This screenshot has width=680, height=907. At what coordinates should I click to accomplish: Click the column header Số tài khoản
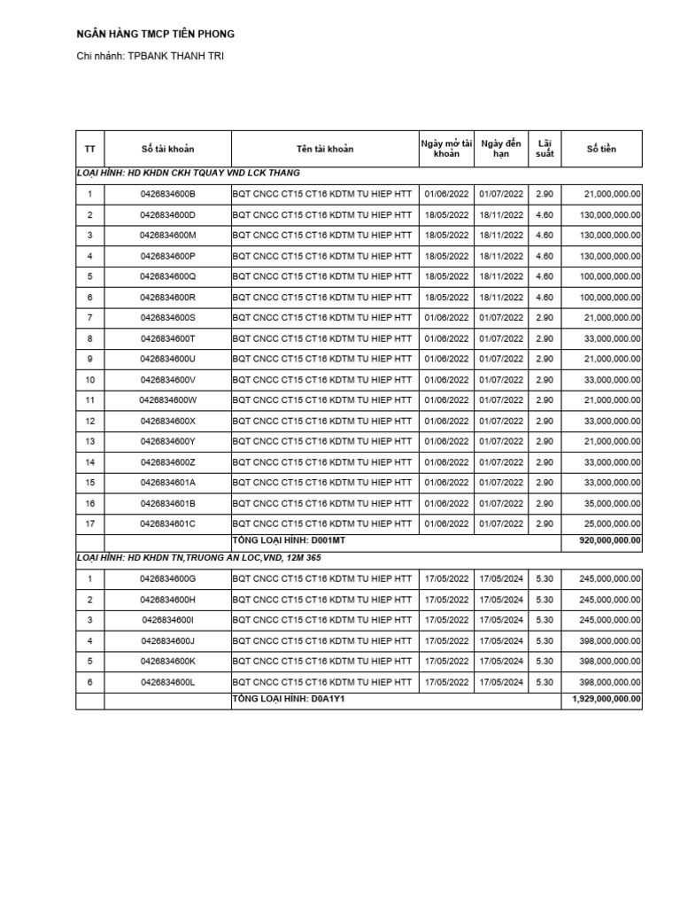(x=167, y=149)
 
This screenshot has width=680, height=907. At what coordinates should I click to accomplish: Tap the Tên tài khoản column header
(x=324, y=149)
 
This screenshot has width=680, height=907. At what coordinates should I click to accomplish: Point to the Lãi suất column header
(x=545, y=149)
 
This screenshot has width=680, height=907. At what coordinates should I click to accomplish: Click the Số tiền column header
(x=601, y=149)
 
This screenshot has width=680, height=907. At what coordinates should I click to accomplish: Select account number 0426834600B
(x=167, y=193)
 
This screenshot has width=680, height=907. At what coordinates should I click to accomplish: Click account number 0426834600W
(x=167, y=400)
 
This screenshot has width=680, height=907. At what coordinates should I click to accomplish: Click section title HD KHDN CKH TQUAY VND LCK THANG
(x=188, y=173)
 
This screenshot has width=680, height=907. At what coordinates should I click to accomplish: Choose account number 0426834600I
(x=167, y=620)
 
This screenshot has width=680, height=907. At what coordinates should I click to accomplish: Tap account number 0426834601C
(x=167, y=523)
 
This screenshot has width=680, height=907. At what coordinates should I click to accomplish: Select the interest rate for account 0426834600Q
(x=545, y=276)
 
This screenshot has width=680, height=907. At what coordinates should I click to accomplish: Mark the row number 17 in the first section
(x=89, y=523)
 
